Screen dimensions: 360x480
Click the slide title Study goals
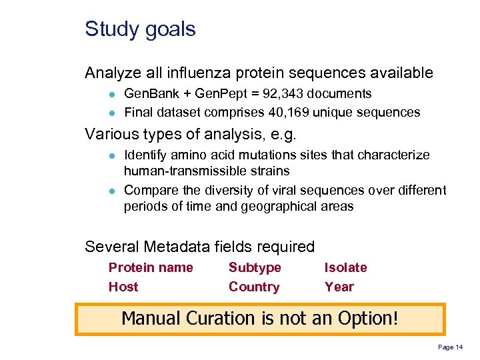point(140,29)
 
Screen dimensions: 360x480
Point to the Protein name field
point(151,267)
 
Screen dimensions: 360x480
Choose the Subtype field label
point(255,267)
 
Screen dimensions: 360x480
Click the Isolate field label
point(345,267)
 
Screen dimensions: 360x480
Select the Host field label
point(123,287)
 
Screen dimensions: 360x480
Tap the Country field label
point(253,287)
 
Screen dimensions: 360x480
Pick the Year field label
point(339,287)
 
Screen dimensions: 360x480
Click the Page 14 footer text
point(450,347)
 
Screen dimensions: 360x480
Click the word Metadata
point(179,247)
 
